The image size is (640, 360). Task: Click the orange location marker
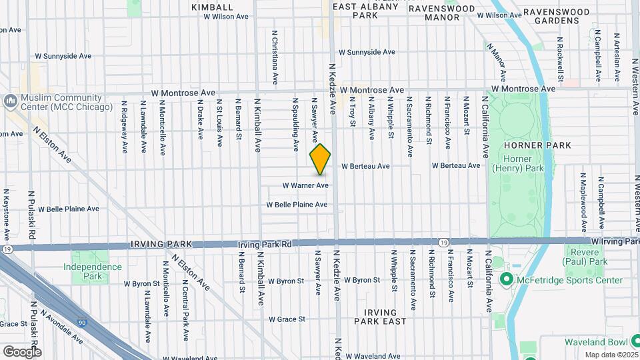point(321,159)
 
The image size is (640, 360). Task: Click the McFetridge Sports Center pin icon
point(505,279)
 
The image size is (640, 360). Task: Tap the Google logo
point(21,352)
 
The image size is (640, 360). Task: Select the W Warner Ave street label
point(305,185)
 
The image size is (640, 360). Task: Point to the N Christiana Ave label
point(274,56)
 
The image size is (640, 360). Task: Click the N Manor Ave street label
point(497,62)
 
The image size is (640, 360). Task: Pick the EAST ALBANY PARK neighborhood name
point(364,11)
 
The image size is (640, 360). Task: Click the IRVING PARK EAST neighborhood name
point(380,317)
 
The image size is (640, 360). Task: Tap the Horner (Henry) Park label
point(516,163)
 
